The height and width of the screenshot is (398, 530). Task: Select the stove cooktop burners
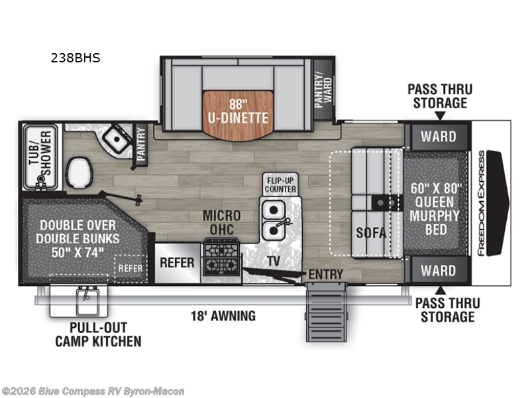coord(221,259)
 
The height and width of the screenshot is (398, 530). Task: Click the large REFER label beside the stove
coord(177,263)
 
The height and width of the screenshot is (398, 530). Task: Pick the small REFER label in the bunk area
coord(130,267)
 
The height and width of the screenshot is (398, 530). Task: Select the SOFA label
coord(371,233)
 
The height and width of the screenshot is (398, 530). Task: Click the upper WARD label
coord(439,137)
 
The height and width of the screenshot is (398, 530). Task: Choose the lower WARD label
coord(439,271)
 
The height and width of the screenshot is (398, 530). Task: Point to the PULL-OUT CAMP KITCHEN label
coord(97,335)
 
